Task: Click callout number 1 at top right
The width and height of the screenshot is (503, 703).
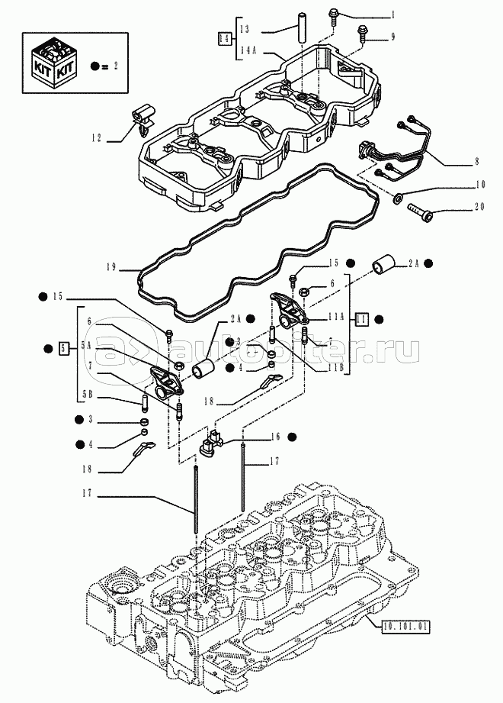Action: pos(392,15)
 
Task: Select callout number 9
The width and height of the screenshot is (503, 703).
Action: pos(392,37)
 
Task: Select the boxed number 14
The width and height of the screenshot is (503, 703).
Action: pos(224,37)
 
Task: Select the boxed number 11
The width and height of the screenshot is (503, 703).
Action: pos(363,319)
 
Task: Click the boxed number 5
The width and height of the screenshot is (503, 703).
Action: pos(65,349)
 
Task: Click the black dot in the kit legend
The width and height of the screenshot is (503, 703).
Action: pos(95,66)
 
